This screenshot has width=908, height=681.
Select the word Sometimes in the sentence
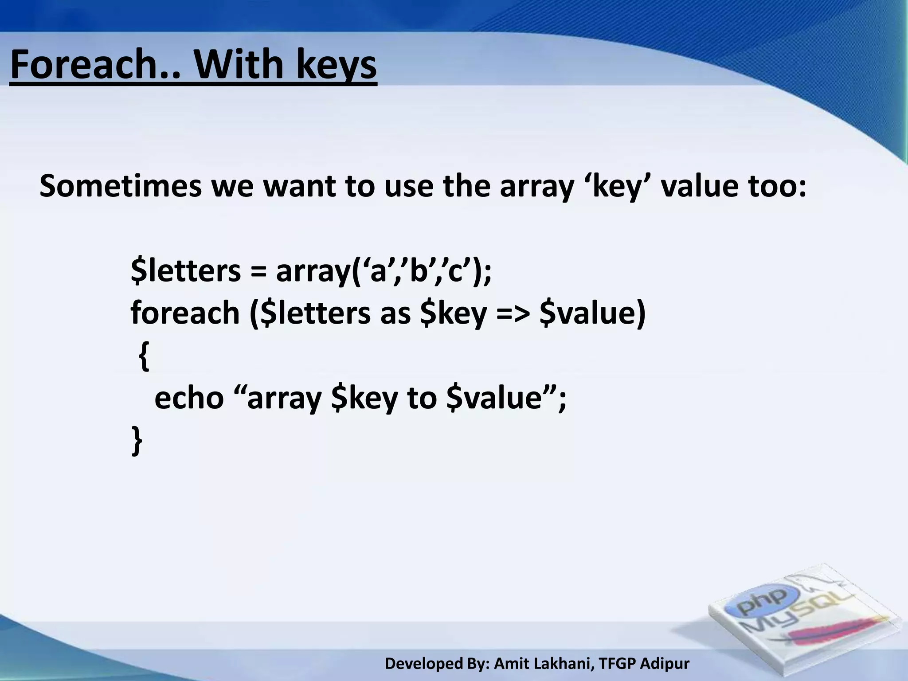(x=120, y=186)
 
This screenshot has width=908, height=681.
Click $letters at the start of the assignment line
(x=185, y=271)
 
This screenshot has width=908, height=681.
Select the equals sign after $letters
(x=258, y=271)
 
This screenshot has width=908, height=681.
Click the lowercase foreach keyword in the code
(x=185, y=313)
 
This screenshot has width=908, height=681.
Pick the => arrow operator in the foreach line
(x=513, y=313)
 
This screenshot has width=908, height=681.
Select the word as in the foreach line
(x=395, y=313)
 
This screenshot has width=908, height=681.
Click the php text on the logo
(x=761, y=603)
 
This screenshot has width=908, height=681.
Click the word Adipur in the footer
(x=665, y=664)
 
